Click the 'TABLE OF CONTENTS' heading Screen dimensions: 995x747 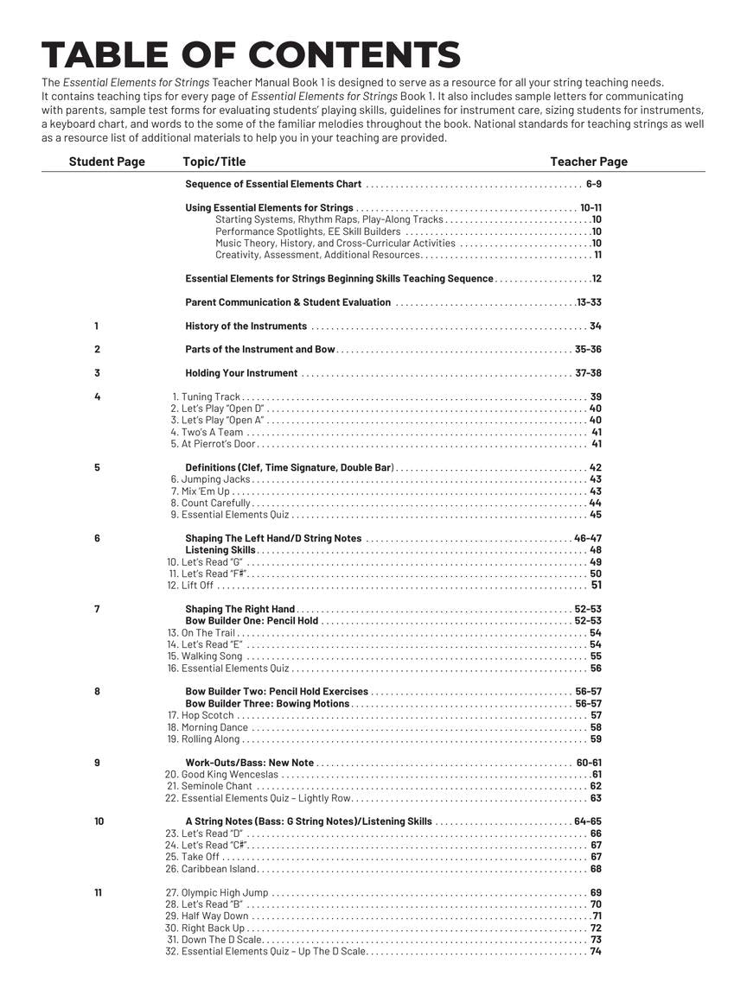[251, 55]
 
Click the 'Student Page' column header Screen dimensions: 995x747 [107, 162]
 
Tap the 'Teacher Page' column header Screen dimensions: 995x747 [589, 162]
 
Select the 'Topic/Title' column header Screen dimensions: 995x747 [214, 162]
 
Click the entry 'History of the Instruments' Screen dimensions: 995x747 [246, 326]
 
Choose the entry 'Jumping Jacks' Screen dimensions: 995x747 [215, 479]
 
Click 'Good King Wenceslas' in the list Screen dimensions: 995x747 [229, 775]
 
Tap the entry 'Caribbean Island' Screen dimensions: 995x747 [219, 869]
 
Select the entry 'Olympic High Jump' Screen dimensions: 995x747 [225, 893]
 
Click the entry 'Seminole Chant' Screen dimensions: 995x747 [216, 787]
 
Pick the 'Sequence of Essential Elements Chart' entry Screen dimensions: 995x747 [273, 184]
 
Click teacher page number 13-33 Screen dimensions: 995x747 [590, 302]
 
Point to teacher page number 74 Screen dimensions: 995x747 [596, 952]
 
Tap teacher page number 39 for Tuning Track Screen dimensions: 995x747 [596, 397]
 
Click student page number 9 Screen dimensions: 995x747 [97, 763]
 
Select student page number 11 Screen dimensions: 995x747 [97, 893]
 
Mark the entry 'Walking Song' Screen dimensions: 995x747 [212, 656]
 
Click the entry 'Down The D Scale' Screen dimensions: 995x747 [221, 940]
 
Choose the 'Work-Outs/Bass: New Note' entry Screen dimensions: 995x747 [250, 763]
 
